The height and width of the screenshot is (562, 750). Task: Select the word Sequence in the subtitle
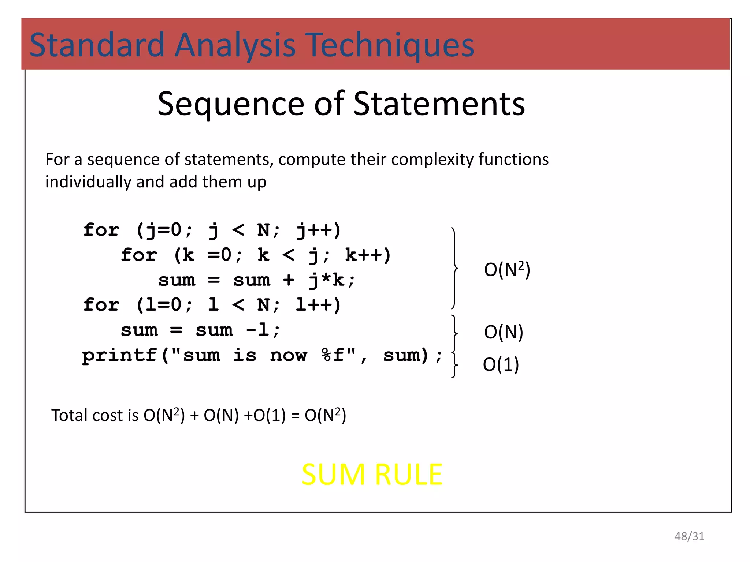tap(231, 104)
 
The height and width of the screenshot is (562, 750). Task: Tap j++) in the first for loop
tap(318, 231)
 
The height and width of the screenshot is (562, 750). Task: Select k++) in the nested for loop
tap(368, 255)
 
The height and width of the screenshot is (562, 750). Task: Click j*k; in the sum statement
tap(332, 280)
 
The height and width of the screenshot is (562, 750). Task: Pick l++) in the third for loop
tap(318, 305)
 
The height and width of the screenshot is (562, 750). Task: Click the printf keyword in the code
tap(119, 355)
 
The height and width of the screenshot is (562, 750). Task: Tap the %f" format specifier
tap(338, 355)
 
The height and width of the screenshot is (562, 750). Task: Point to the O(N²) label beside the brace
tap(507, 270)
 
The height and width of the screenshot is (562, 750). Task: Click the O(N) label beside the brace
tap(504, 332)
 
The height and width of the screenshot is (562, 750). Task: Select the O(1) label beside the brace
tap(501, 364)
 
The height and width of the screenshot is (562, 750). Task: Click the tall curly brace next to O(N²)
tap(454, 268)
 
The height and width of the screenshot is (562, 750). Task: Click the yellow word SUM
tap(334, 475)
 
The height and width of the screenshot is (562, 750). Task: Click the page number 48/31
tap(689, 536)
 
